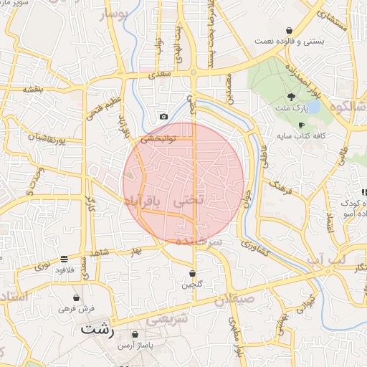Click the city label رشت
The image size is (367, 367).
(97, 330)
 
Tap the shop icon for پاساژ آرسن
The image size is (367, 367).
(135, 334)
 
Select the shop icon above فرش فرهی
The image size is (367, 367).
(77, 297)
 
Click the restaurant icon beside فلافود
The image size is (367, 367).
(65, 259)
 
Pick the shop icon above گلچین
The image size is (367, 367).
(192, 273)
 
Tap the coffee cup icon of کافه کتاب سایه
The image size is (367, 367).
(301, 125)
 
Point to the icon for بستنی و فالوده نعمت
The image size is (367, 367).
(288, 31)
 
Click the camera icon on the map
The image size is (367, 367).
(163, 117)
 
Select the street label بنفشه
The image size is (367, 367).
(34, 89)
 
